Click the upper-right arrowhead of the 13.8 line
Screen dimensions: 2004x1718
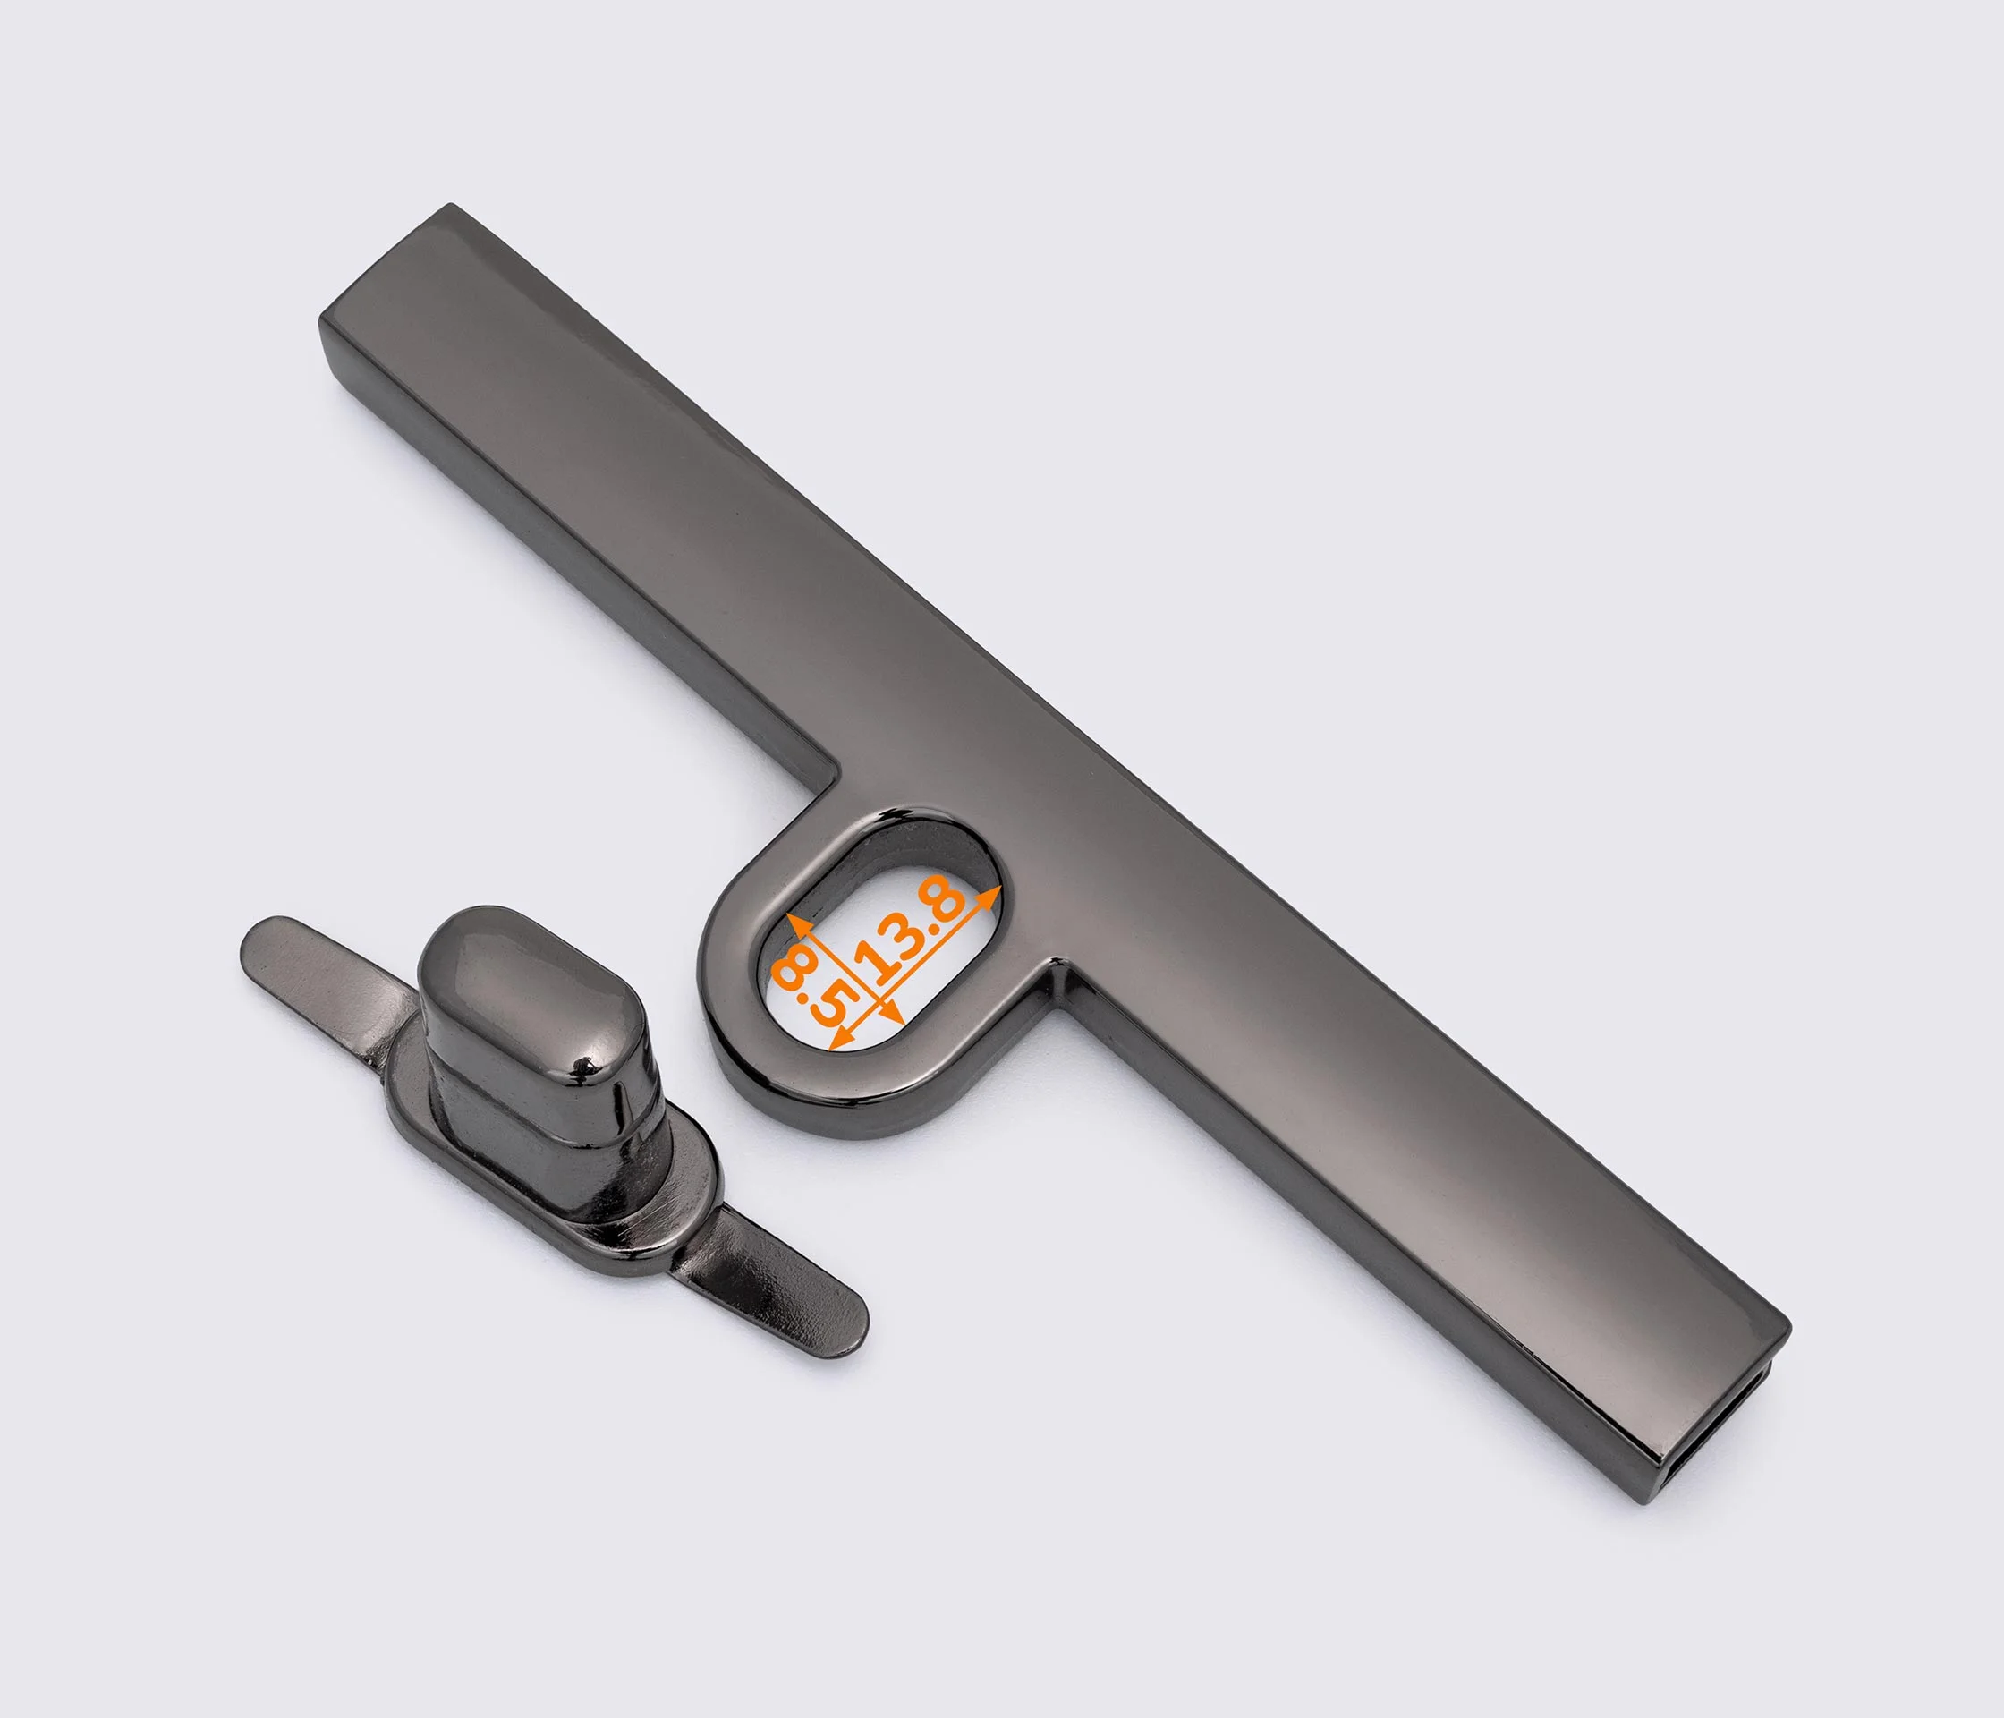tap(989, 897)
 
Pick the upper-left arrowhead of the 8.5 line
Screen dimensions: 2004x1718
tap(798, 921)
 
